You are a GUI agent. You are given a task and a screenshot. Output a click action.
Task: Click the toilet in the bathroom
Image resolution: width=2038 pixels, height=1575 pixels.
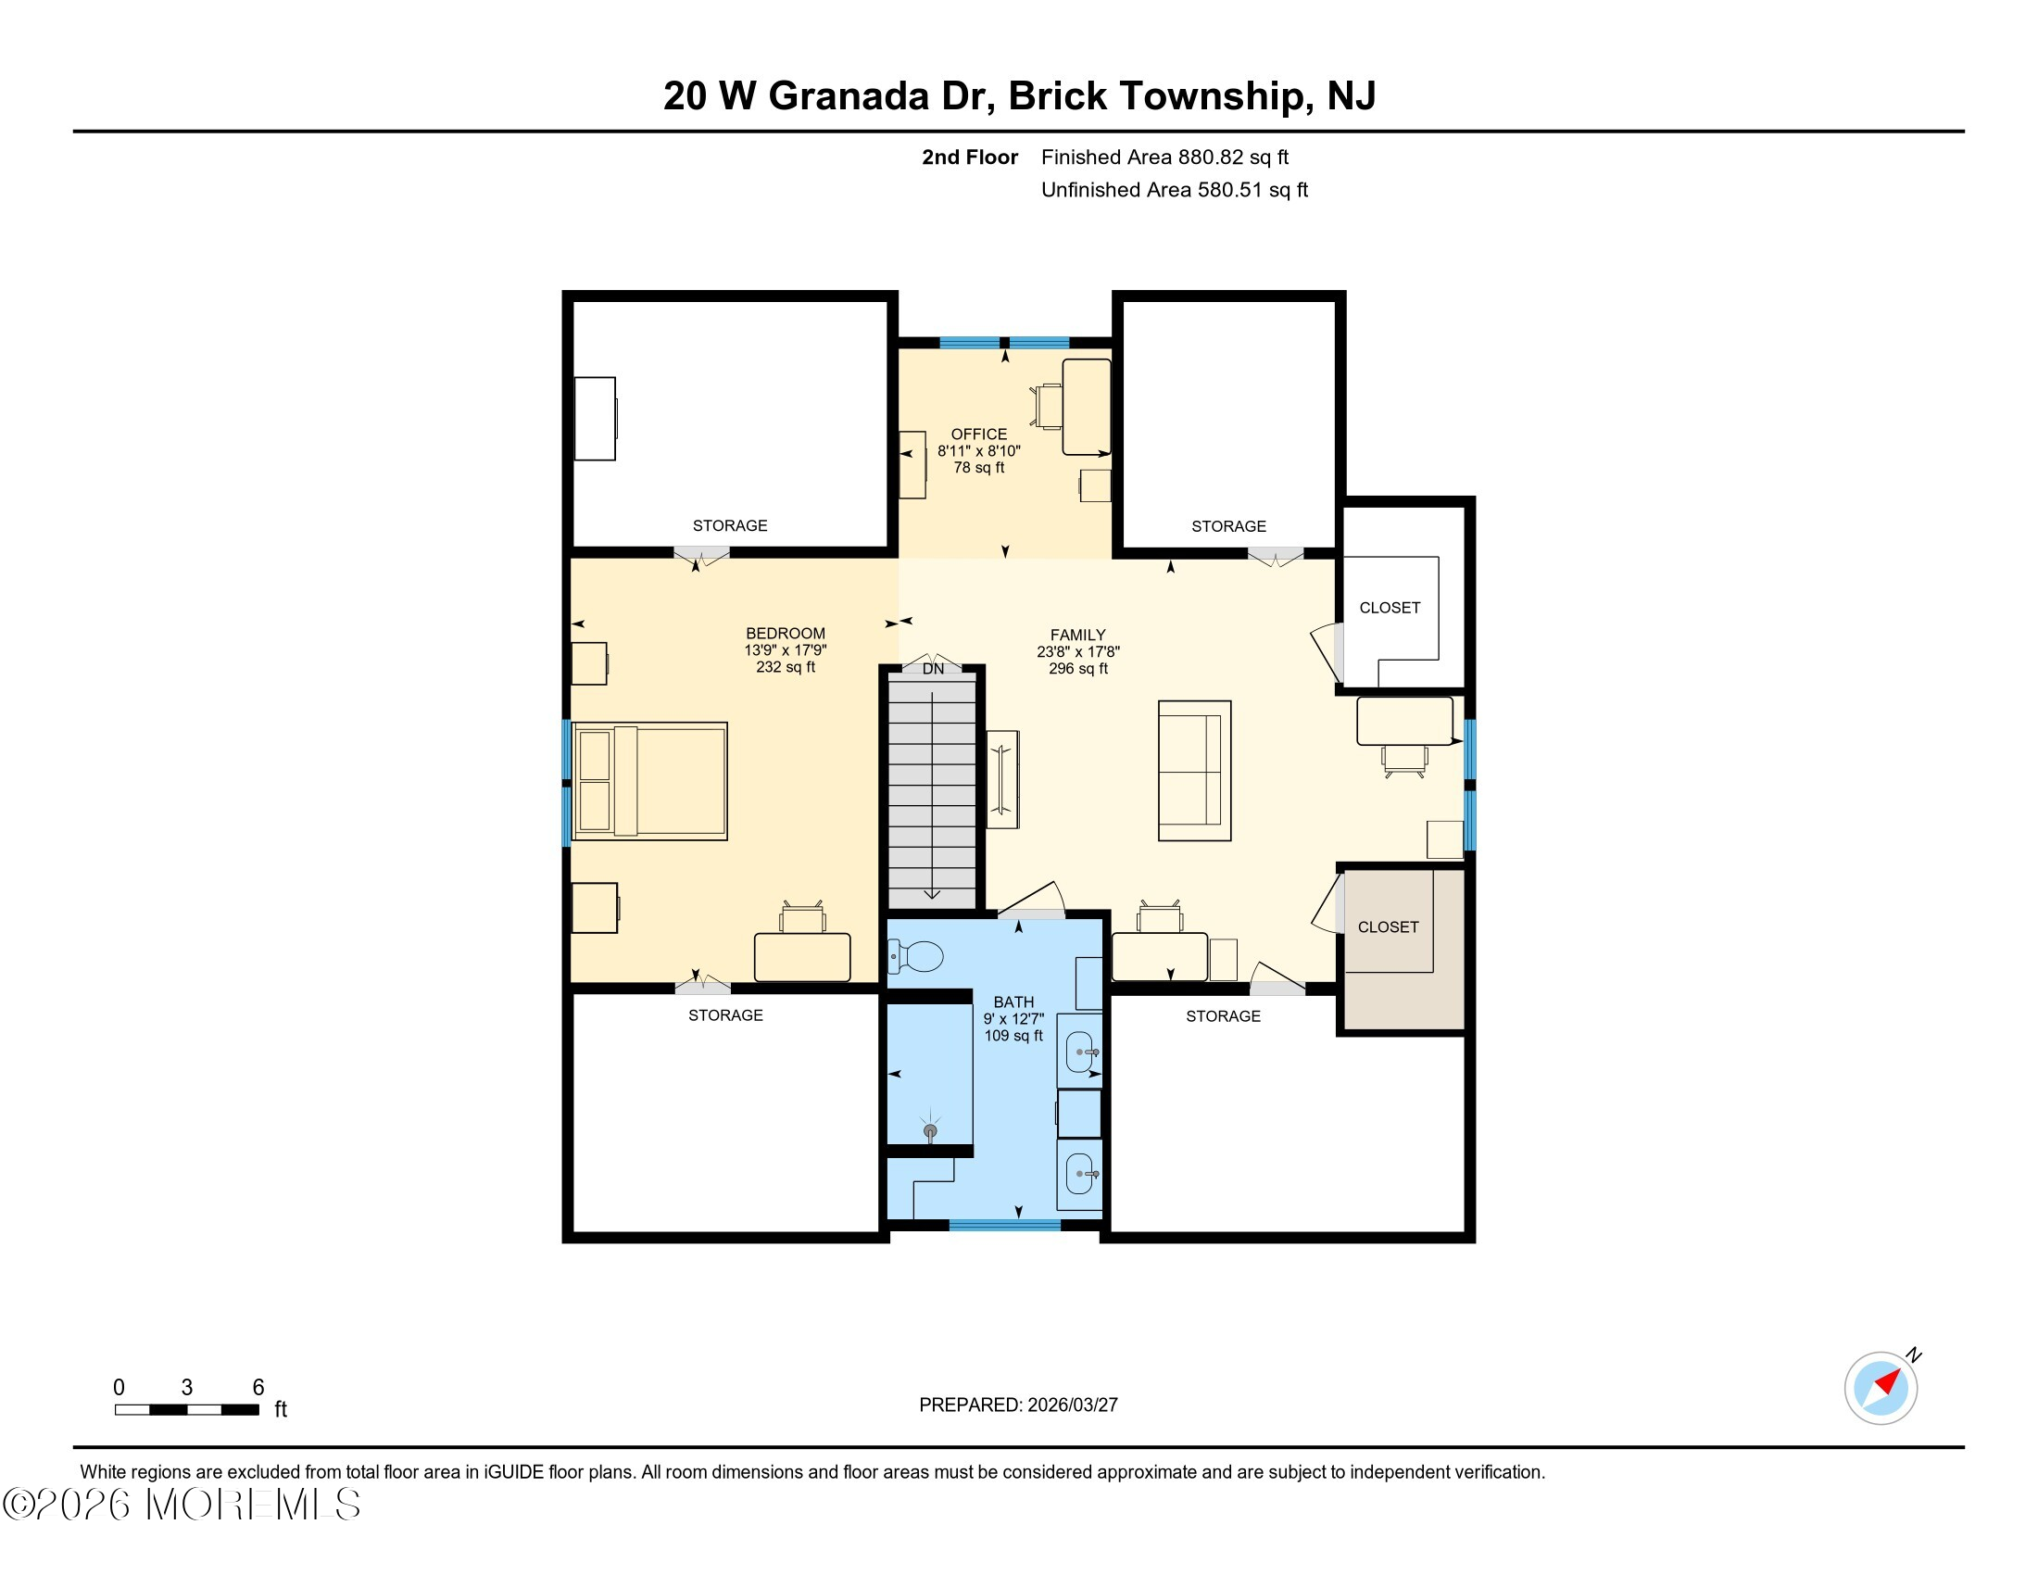coord(918,956)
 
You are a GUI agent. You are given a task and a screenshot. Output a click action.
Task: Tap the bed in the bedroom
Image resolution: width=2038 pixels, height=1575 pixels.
coord(650,781)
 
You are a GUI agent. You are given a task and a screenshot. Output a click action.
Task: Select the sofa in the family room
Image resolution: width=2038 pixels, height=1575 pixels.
coord(1193,771)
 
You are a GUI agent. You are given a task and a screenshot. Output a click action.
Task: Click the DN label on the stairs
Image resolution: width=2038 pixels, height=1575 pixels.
coord(933,669)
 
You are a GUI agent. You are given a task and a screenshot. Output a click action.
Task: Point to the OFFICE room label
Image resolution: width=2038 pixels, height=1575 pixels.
coord(978,434)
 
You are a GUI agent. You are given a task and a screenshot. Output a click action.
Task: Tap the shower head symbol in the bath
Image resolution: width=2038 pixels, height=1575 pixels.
coord(929,1131)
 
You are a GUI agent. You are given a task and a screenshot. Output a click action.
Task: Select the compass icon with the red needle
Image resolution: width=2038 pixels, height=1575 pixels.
coord(1881,1388)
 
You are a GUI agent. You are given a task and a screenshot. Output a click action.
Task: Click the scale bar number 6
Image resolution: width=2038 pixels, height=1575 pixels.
coord(258,1388)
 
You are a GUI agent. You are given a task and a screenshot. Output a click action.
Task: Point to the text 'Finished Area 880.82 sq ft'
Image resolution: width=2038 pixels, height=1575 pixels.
coord(1164,157)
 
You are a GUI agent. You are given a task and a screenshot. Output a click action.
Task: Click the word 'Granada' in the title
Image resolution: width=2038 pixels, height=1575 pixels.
coord(849,96)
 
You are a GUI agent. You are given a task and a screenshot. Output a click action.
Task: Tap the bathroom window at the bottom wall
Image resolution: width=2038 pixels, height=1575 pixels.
coord(1005,1225)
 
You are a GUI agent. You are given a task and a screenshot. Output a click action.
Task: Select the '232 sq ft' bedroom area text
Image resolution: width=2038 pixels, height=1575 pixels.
coord(785,667)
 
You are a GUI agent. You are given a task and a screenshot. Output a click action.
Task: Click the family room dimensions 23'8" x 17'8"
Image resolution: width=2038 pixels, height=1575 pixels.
coord(1077,652)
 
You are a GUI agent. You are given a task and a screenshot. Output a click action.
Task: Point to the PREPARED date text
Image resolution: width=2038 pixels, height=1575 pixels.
coord(1018,1405)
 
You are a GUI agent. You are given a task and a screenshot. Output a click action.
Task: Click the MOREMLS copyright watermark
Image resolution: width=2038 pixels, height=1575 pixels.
coord(182,1504)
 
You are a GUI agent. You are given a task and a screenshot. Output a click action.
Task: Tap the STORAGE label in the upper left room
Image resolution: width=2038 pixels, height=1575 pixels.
coord(730,525)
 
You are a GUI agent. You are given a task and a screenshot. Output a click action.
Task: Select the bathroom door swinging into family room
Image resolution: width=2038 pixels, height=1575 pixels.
coord(1032,901)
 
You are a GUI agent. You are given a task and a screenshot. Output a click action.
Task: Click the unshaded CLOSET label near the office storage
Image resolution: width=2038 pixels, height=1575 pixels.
coord(1390,608)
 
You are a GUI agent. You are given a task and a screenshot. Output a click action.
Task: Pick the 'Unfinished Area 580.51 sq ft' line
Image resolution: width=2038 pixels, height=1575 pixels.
coord(1174,190)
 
